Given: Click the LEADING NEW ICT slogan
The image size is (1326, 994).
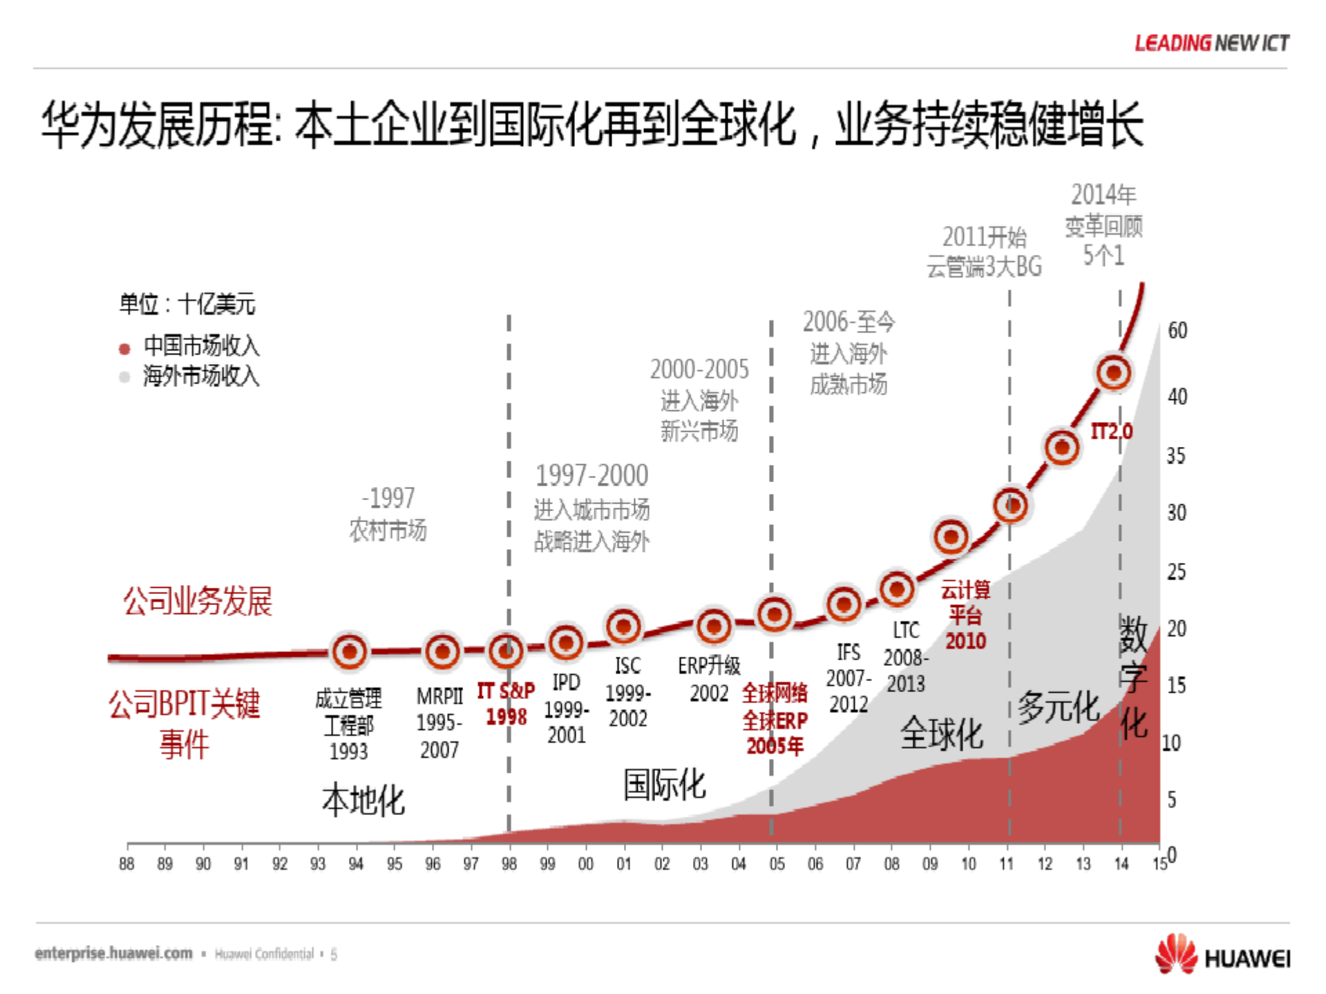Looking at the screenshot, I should [x=1211, y=43].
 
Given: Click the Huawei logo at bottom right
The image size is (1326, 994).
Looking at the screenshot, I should [x=1222, y=956].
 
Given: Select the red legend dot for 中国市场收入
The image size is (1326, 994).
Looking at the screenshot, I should [x=124, y=348].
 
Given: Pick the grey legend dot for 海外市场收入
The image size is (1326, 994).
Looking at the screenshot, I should [x=124, y=377].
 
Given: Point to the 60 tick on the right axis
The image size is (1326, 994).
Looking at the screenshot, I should [x=1177, y=331].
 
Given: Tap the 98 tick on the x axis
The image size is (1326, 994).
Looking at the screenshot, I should [x=509, y=863].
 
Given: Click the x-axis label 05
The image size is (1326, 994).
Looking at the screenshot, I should [x=777, y=863].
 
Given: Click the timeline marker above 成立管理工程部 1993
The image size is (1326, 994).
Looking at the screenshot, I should [x=350, y=651].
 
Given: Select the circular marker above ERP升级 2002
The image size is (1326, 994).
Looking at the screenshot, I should [x=713, y=627].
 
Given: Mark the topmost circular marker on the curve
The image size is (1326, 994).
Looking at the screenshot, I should [x=1113, y=373].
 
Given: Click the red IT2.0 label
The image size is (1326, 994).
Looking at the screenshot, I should [x=1111, y=432].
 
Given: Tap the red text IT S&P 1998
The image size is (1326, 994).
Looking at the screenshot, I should [x=506, y=703].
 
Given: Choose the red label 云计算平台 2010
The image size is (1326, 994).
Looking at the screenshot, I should [x=965, y=615].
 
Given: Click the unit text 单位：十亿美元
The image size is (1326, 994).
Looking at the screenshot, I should [x=187, y=304].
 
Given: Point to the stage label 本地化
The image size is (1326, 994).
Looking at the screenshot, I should [x=363, y=801].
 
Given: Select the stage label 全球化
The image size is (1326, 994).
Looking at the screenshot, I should [x=941, y=734].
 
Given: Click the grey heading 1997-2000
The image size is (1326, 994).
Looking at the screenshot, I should [x=591, y=475].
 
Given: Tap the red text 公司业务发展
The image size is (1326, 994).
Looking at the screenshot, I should [x=198, y=601].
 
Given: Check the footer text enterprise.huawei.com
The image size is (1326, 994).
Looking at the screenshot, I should [x=114, y=953].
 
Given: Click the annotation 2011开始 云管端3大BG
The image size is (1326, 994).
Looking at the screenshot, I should [x=984, y=251].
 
